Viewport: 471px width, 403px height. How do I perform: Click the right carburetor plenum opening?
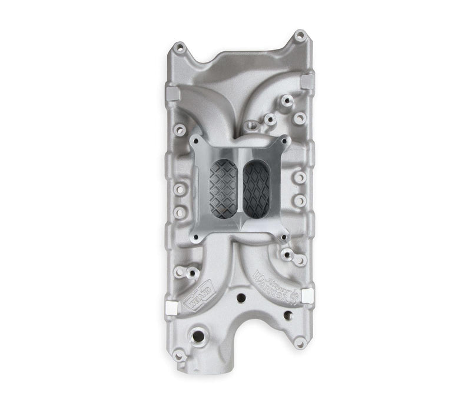click(x=257, y=185)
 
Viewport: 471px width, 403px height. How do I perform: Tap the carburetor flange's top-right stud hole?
click(x=285, y=141)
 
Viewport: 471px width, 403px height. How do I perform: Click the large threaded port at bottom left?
click(x=194, y=339)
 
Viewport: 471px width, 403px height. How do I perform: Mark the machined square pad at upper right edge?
click(x=307, y=81)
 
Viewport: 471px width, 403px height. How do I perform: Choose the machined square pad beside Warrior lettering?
click(x=309, y=294)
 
